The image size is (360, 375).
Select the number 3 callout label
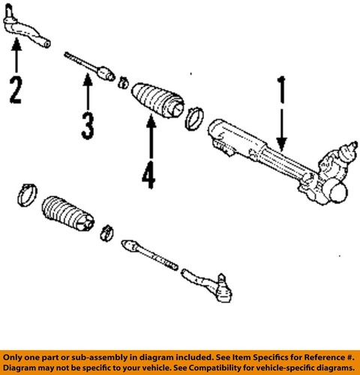click(x=88, y=124)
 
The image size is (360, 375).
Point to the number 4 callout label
click(x=148, y=175)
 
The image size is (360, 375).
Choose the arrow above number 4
click(x=148, y=139)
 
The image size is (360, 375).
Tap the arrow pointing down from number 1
click(x=282, y=127)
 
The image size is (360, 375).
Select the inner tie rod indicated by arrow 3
click(x=88, y=67)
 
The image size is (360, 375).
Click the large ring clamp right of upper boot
click(x=194, y=116)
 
